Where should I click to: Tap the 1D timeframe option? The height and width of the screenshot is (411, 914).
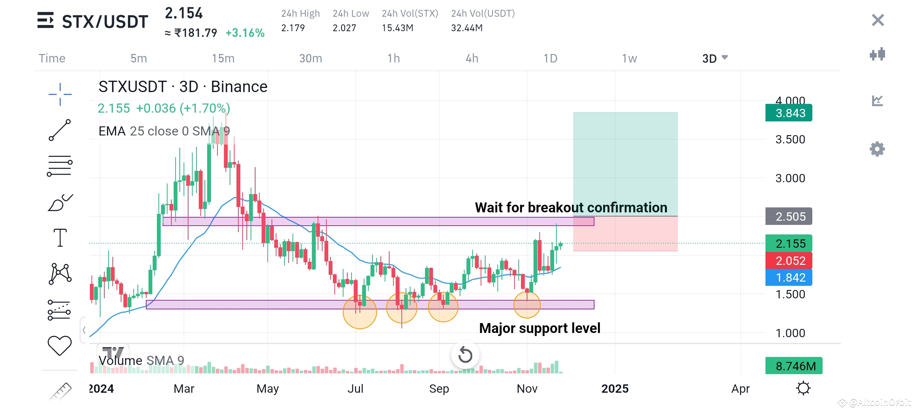tap(550, 58)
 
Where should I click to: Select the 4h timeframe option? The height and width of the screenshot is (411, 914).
tap(472, 58)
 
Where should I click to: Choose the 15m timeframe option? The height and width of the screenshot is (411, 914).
tap(223, 58)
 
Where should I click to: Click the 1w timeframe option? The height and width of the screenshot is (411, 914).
tap(630, 58)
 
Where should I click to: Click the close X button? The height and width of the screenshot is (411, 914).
tap(878, 20)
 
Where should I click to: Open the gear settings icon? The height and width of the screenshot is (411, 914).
tap(877, 149)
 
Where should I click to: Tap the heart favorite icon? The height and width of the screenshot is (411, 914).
tap(59, 346)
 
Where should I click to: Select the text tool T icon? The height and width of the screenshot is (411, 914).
tap(60, 238)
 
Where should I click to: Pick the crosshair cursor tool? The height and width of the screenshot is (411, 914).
tap(60, 94)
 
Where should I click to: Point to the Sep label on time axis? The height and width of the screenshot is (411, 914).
tap(439, 389)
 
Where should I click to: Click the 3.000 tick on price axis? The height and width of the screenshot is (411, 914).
tap(790, 178)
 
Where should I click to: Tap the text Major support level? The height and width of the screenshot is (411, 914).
tap(540, 328)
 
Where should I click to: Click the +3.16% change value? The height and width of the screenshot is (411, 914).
tap(245, 33)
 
